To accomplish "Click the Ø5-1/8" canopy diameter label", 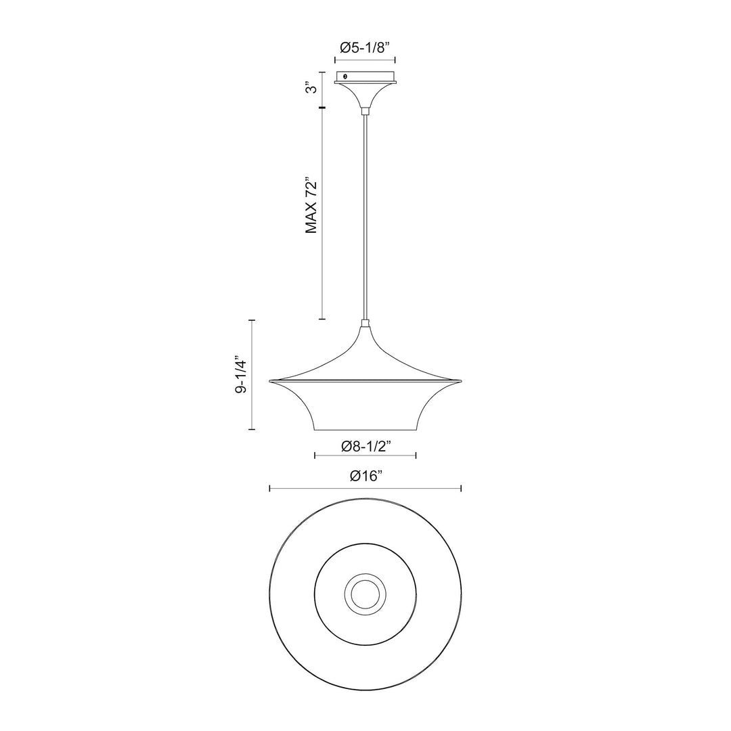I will tap(365, 47).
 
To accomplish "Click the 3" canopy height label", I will tap(311, 89).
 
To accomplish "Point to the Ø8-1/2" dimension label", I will tap(365, 445).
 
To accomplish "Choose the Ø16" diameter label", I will tap(365, 476).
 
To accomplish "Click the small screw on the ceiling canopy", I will tap(345, 77).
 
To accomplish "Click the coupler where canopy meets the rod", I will tap(365, 110).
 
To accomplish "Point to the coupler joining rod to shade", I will tap(365, 324).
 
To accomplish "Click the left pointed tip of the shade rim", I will tap(270, 380).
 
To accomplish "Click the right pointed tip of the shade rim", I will tap(461, 380).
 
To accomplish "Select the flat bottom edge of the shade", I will tap(365, 430).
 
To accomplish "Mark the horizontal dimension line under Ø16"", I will tap(365, 488).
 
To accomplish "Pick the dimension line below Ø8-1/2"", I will tap(365, 456).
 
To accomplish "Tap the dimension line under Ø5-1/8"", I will tap(365, 60).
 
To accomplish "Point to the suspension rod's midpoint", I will tap(365, 217).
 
